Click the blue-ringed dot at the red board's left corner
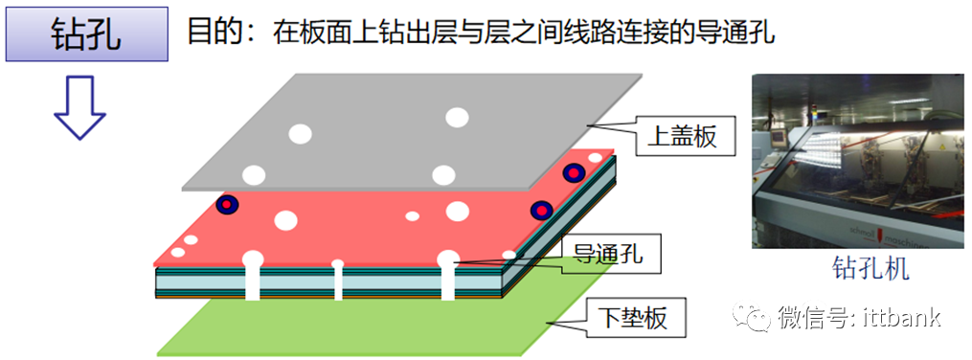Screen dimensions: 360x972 (227, 204)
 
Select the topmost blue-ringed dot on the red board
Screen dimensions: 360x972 (574, 173)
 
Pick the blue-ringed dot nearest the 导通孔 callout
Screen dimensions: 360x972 (541, 210)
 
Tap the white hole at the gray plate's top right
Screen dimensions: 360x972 (457, 117)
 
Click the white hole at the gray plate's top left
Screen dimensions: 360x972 (301, 132)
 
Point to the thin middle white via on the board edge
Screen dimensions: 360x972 (338, 278)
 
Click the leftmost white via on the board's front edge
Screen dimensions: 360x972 (253, 277)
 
